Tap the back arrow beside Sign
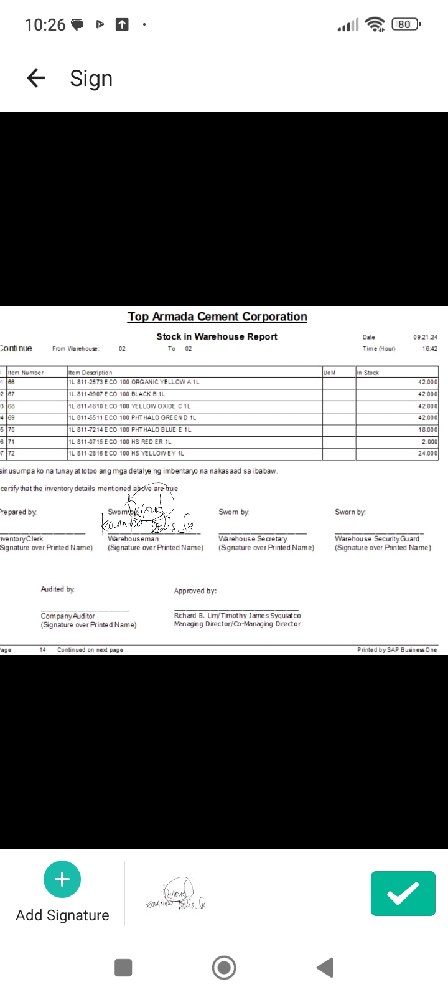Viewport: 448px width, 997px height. [36, 78]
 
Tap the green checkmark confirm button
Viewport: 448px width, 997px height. [403, 894]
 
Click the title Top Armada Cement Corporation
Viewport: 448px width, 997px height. [217, 317]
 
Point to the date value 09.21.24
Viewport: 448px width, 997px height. [425, 337]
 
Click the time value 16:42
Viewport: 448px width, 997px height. [429, 349]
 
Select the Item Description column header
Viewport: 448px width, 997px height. [90, 373]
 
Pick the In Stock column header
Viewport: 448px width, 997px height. [368, 373]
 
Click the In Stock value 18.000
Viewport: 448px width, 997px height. [427, 430]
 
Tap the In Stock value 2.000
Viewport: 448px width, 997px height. [429, 442]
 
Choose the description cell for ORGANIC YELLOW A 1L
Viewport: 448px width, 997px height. [134, 382]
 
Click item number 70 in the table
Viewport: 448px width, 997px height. [12, 430]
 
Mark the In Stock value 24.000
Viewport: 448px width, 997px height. [427, 454]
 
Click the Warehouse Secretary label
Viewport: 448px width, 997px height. [253, 539]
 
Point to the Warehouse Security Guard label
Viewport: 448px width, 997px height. [377, 539]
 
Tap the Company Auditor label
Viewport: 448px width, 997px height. [68, 616]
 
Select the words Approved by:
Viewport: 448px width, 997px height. [195, 591]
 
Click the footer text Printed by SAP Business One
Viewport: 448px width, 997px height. [397, 650]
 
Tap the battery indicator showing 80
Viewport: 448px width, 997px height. [405, 24]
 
